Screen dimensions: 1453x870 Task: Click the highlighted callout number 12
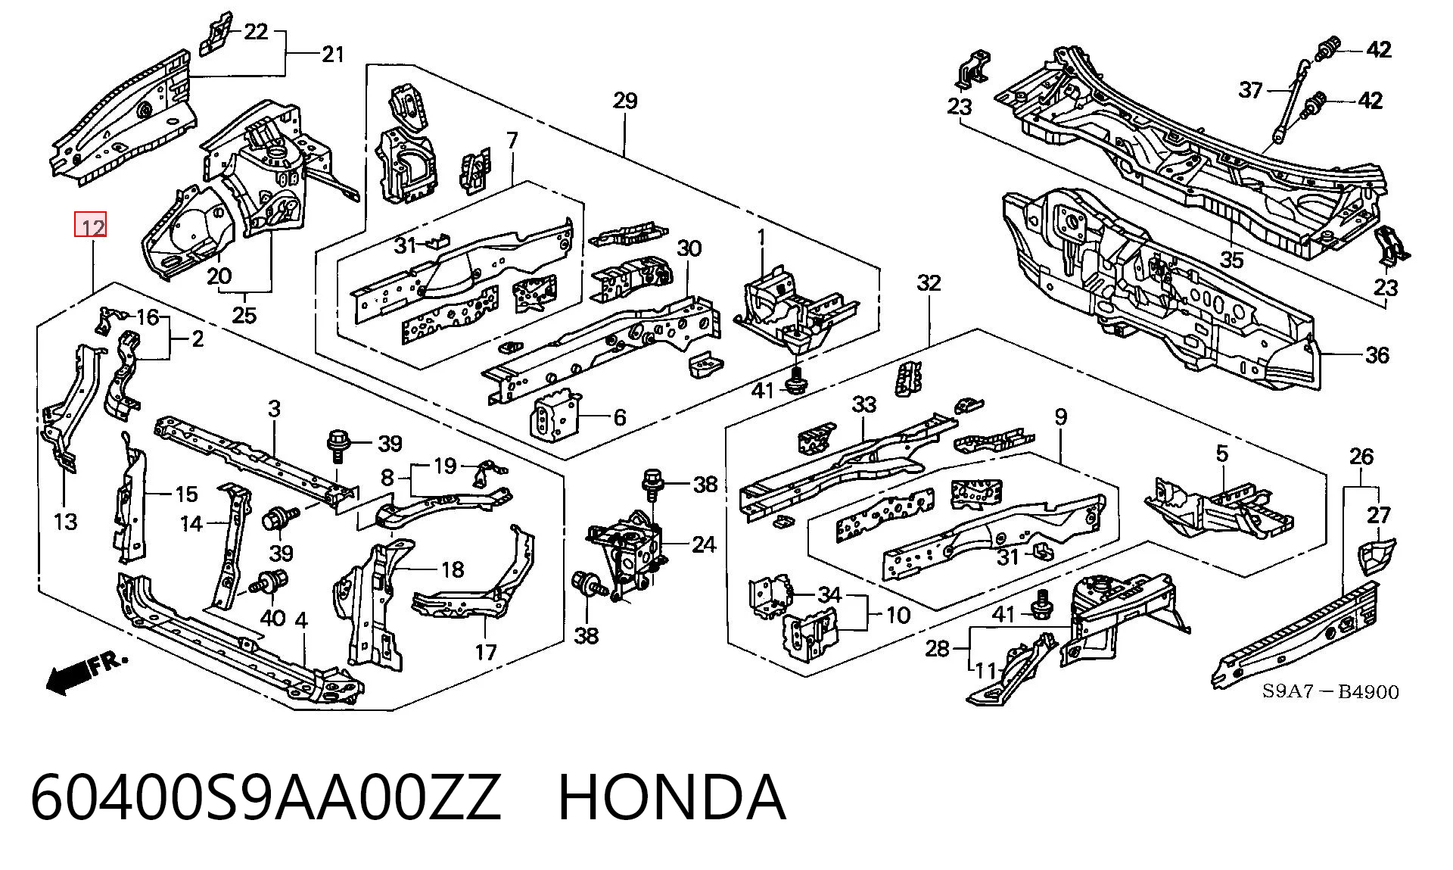coord(91,225)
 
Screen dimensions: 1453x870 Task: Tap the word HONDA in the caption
coord(672,797)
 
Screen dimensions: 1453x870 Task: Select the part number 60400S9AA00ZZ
coord(266,797)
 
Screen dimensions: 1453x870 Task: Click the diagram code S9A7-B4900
coord(1330,691)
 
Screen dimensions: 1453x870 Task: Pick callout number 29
coord(625,101)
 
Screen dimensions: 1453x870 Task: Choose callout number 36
coord(1377,354)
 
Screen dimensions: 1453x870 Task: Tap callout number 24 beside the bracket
coord(704,544)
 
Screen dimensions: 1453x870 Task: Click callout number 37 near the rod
coord(1251,90)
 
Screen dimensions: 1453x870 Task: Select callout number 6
coord(620,417)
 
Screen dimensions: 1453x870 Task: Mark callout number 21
coord(333,54)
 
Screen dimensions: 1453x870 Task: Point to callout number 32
coord(929,282)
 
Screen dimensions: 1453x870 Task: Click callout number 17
coord(486,651)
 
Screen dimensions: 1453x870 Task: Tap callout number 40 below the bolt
coord(272,618)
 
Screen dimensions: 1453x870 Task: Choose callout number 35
coord(1232,260)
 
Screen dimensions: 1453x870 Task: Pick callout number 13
coord(66,521)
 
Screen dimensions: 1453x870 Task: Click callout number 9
coord(1061,416)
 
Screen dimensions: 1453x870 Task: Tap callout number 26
coord(1361,456)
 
